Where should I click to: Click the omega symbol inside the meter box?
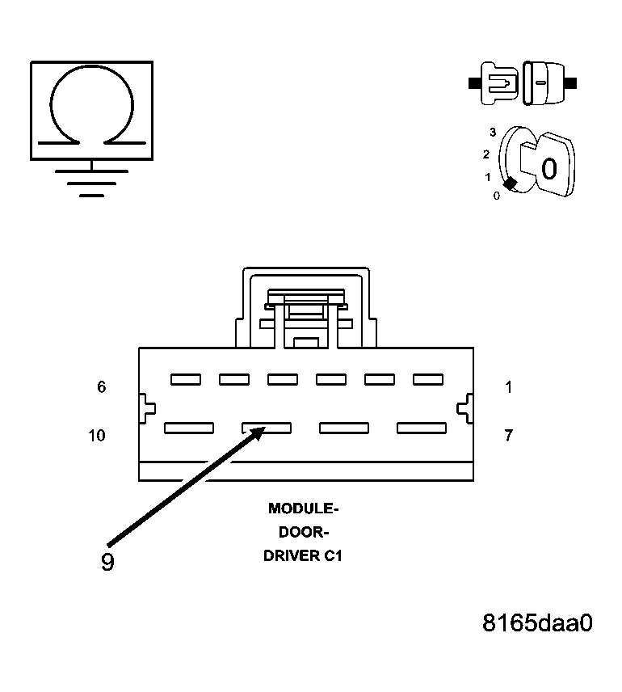coord(91,109)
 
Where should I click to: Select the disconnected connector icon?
coord(523,82)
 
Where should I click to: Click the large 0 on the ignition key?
coord(548,169)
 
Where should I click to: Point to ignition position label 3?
coord(492,132)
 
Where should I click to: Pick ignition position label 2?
coord(486,154)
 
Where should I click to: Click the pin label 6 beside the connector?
coord(101,387)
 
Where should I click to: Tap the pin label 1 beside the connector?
coord(508,387)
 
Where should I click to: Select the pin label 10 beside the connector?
coord(96,436)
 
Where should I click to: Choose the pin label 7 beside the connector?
coord(508,436)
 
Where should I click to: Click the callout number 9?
coord(107,562)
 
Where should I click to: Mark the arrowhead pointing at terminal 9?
coord(257,432)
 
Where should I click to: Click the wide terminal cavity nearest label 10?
coord(189,428)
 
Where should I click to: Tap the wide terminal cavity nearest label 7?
coord(422,428)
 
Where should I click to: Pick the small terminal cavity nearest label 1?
coord(428,379)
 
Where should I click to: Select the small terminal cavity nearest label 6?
coord(186,379)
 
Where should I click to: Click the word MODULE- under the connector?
coord(304,508)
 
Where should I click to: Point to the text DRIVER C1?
coord(304,557)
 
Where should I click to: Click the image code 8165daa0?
coord(537,623)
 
